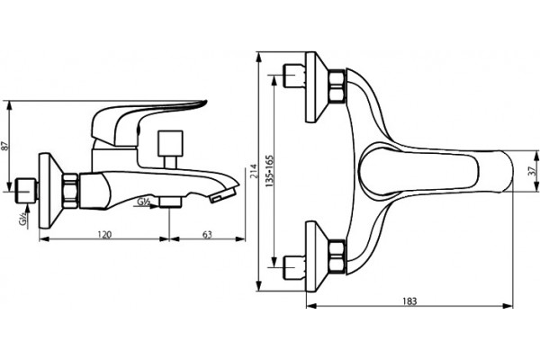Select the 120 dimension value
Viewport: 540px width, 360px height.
coord(104,235)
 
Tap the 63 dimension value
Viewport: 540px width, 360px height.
coord(207,235)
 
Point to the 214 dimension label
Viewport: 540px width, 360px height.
coord(254,171)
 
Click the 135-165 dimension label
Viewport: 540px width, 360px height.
coord(269,171)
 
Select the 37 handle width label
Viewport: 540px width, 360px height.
coord(532,170)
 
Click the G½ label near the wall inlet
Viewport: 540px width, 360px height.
coord(23,220)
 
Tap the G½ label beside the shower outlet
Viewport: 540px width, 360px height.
coord(143,202)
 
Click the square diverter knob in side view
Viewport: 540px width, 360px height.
coord(170,143)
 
